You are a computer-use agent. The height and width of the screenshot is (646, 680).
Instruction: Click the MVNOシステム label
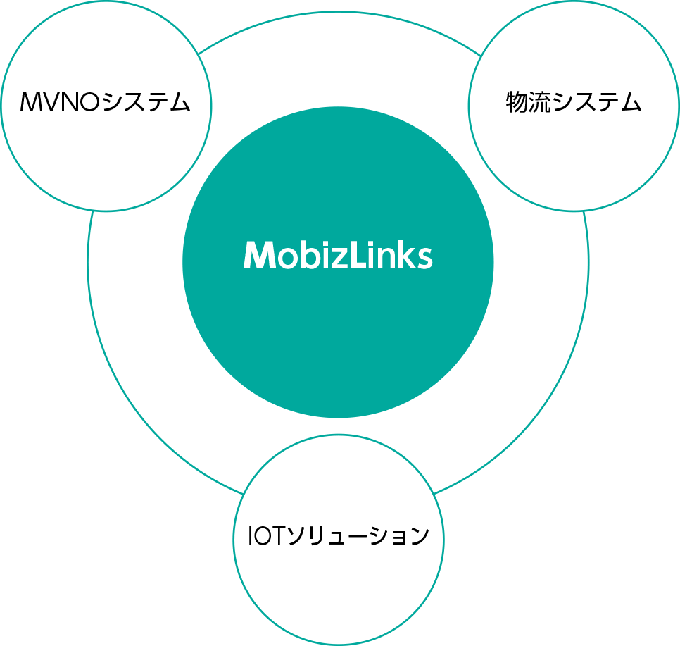coord(106,103)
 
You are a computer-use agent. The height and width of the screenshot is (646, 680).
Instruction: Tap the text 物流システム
coord(574,103)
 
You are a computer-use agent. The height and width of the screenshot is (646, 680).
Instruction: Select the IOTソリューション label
coord(339,537)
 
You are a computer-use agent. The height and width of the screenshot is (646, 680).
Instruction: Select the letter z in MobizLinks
coord(336,259)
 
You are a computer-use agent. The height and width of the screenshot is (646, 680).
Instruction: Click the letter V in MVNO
coord(51,103)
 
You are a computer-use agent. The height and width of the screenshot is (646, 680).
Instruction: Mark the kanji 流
coord(540,103)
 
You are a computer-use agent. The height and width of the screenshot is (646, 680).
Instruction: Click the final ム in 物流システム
coord(631,104)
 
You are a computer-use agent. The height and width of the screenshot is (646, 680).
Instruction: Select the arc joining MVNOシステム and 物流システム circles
coord(339,11)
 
